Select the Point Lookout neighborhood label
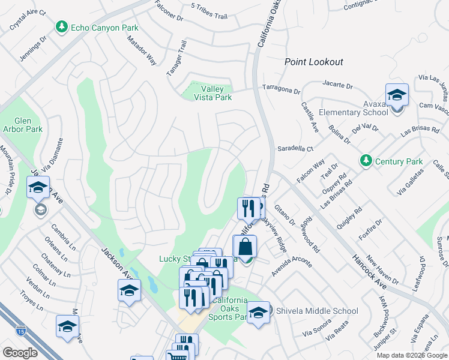(x=313, y=62)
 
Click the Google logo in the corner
(x=20, y=353)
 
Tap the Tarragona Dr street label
(x=280, y=89)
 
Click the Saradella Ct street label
(x=295, y=148)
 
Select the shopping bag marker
(x=245, y=247)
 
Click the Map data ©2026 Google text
(x=412, y=355)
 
